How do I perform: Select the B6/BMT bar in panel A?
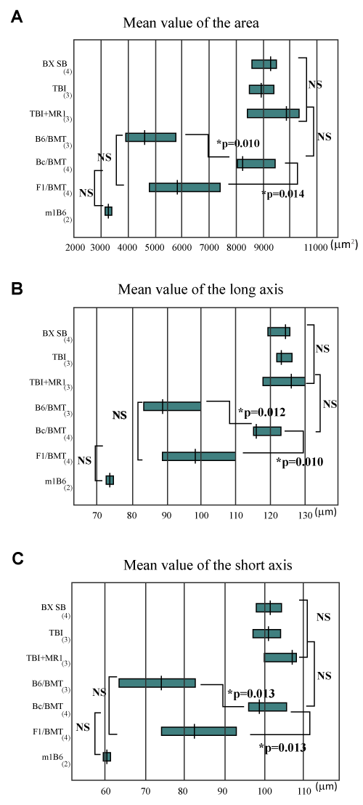151,137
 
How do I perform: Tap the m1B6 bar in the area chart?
108,211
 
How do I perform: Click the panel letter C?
17,559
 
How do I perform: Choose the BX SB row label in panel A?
55,64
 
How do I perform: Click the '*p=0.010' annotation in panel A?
238,143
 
